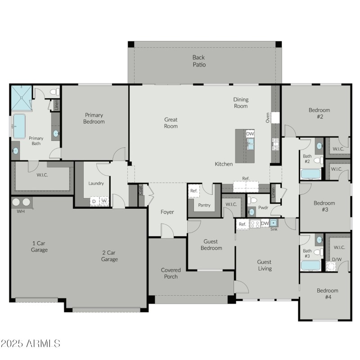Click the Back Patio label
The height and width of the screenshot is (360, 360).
199,61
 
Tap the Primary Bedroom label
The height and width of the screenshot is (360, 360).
94,118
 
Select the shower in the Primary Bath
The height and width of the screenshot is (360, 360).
21,98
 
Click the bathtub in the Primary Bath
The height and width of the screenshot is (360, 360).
19,126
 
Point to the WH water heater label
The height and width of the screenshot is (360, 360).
21,211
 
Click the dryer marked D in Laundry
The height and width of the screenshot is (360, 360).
94,201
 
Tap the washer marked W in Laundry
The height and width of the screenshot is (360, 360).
104,201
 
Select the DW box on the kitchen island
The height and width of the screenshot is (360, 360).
250,134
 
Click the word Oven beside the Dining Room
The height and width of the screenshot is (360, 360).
267,118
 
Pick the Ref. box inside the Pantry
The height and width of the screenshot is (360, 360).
193,191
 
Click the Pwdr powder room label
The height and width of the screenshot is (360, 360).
263,207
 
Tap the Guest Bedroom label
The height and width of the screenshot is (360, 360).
211,245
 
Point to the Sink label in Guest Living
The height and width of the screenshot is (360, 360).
274,229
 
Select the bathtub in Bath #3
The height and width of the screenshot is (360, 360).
310,265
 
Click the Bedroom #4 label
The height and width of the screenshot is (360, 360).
327,293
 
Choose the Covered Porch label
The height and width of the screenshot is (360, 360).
171,273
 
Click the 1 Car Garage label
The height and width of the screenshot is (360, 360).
39,246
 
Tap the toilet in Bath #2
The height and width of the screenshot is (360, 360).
317,160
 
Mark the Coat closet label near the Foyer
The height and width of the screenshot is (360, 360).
140,189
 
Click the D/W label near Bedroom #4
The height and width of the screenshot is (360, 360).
336,259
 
